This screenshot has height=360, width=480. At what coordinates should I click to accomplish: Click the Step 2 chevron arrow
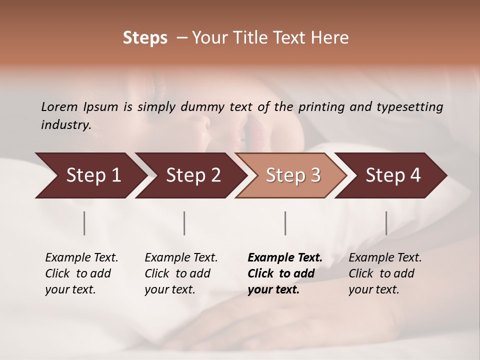192,175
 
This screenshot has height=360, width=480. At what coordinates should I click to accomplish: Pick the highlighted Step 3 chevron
292,175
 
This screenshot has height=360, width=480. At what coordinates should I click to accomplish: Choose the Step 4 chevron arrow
392,175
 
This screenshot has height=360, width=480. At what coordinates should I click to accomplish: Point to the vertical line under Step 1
84,223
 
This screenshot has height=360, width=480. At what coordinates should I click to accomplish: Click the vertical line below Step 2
184,223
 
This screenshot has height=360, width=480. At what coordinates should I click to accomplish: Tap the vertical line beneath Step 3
285,223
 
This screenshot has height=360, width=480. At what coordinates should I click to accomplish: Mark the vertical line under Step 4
386,223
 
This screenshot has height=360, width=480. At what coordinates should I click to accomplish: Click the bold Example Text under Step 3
285,258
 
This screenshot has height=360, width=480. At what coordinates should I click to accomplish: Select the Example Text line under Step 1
81,258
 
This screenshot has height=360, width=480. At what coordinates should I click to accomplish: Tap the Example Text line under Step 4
385,258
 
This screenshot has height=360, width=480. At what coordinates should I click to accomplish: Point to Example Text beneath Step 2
181,258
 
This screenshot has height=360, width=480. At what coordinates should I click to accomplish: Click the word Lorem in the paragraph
59,107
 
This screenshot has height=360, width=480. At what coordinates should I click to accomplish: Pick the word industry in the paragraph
65,125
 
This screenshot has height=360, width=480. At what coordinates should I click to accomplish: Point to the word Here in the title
332,38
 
